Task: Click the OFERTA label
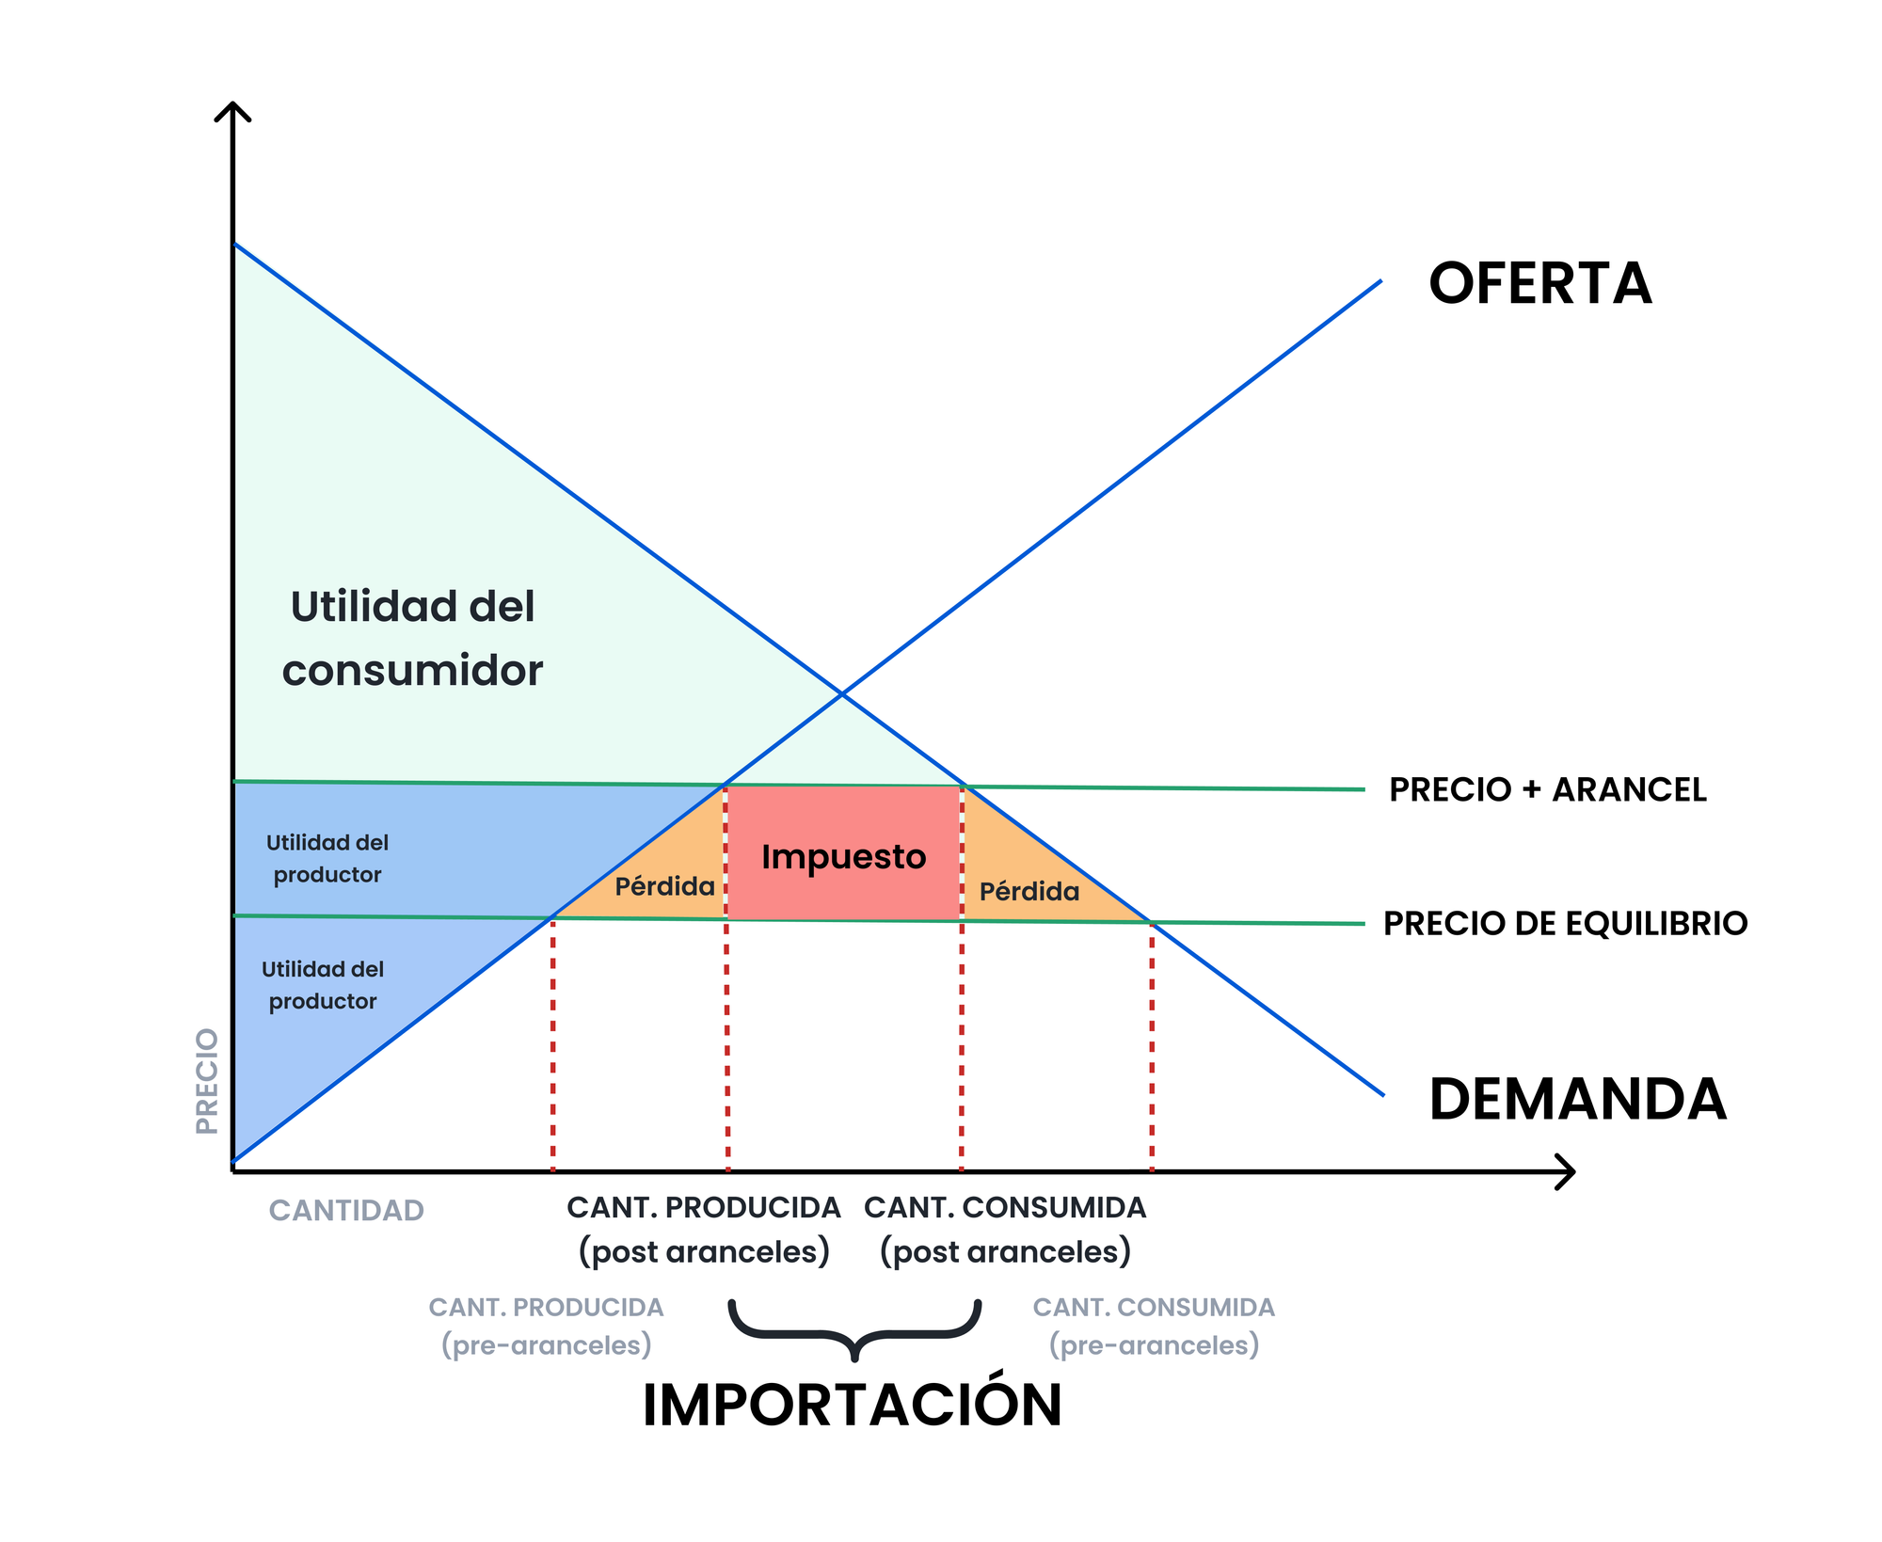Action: point(1539,283)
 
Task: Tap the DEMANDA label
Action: point(1577,1099)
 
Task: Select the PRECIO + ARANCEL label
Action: point(1547,789)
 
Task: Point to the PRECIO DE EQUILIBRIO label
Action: point(1565,923)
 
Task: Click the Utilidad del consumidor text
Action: point(412,638)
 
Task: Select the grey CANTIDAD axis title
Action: point(346,1210)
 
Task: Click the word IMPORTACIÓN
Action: point(852,1406)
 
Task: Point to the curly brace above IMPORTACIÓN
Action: point(854,1329)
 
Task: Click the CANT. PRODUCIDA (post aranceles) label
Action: point(704,1230)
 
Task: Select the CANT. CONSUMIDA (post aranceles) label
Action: point(1005,1230)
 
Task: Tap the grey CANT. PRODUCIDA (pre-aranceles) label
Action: point(547,1326)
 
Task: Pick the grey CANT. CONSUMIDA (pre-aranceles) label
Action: point(1154,1326)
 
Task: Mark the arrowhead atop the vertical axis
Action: point(232,111)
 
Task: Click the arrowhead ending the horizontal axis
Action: point(1566,1171)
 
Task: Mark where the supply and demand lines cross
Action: point(842,693)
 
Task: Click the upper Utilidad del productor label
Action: point(327,858)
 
